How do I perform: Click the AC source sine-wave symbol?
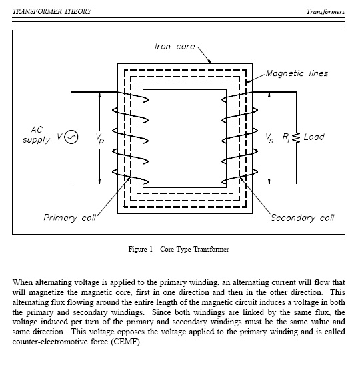[71, 137]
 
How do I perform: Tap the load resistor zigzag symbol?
[296, 137]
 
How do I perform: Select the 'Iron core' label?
[175, 46]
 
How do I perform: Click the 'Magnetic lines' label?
[297, 73]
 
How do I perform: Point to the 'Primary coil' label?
[70, 218]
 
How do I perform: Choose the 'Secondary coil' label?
[303, 218]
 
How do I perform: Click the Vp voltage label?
[100, 139]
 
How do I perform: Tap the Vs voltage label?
[269, 138]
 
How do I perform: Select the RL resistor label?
[287, 138]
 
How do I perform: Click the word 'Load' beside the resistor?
[314, 137]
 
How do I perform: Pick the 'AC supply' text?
[36, 135]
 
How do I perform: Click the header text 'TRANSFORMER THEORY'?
[52, 11]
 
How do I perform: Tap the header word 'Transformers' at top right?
[325, 11]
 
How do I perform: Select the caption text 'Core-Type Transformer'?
[195, 250]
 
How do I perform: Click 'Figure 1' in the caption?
[140, 249]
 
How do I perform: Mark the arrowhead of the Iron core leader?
[210, 61]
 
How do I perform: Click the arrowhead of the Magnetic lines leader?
[247, 82]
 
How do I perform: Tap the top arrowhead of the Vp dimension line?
[100, 95]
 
